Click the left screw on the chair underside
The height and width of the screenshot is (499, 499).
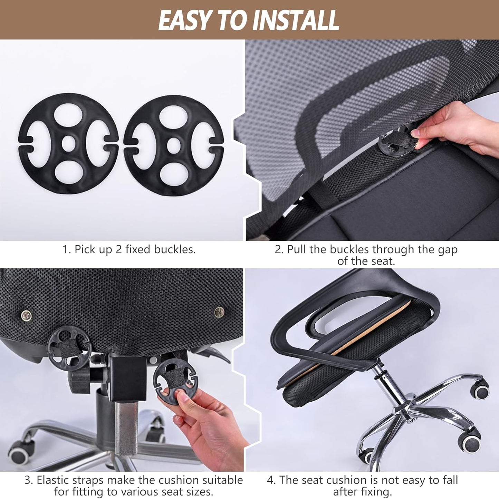click(x=26, y=315)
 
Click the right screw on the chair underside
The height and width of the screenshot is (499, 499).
click(x=219, y=313)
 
